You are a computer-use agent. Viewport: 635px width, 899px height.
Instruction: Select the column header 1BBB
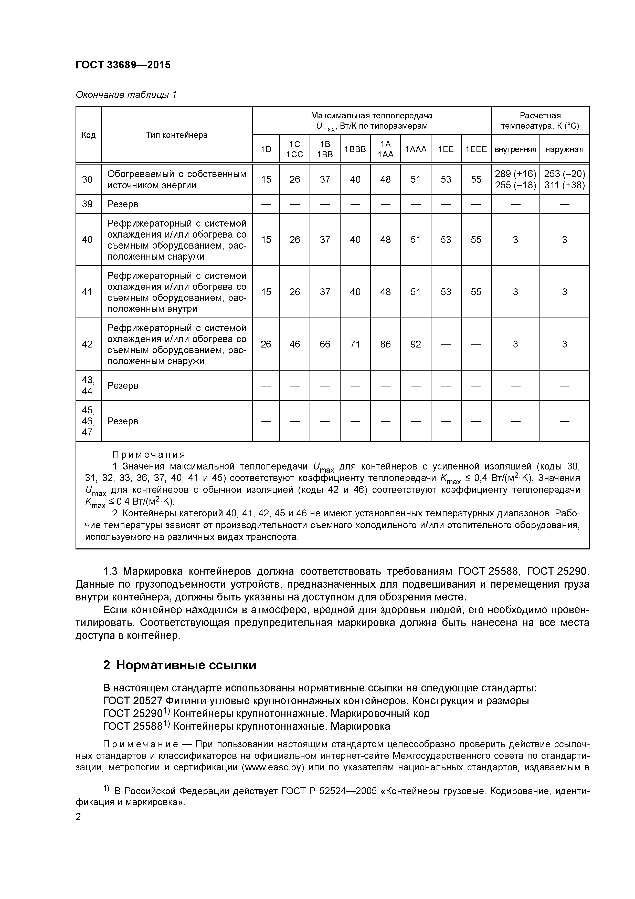pos(355,149)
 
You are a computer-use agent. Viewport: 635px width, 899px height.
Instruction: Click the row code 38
pos(87,179)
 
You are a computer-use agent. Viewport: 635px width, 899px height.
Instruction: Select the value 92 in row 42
pos(416,344)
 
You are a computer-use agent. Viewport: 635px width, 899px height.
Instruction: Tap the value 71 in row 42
pos(355,344)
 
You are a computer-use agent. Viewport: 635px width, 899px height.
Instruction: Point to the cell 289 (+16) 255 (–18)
pos(515,179)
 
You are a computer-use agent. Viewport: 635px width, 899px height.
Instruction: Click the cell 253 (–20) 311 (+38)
pos(564,179)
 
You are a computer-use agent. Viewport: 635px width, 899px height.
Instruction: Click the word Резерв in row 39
pos(123,204)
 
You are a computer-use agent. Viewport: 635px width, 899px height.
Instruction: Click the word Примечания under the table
pos(149,455)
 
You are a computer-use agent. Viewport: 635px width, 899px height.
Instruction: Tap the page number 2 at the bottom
pos(78,817)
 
